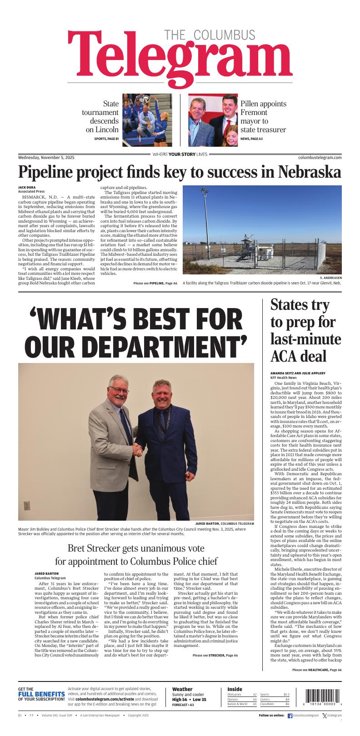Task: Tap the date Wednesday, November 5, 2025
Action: (46, 157)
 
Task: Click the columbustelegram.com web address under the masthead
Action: (320, 157)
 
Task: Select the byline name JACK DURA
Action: (26, 188)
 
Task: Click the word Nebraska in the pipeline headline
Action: (309, 173)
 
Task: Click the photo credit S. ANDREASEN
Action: (330, 278)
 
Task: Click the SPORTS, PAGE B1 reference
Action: (106, 139)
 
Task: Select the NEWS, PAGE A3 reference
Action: (251, 139)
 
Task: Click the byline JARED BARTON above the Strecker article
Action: (46, 574)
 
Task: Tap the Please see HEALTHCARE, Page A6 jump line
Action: (317, 670)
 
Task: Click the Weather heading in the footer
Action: (182, 689)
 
